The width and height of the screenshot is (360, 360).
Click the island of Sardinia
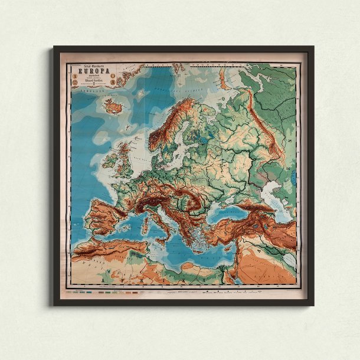coord(144,221)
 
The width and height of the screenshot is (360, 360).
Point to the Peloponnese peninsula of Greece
coord(191,232)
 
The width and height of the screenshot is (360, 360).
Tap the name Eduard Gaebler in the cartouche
coord(90,81)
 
